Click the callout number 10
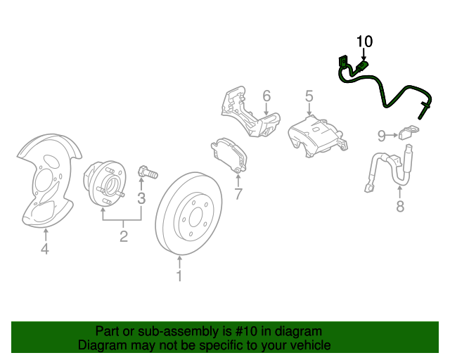pos(364,41)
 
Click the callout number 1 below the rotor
pos(179,276)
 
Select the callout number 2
pos(123,236)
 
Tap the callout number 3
pos(141,198)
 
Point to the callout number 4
pos(44,248)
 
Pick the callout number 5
pos(308,96)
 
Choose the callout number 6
pos(266,96)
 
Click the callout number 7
pos(238,194)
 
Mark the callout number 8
pos(399,206)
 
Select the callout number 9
pos(381,134)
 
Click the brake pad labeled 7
pos(229,155)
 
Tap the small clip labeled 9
pos(407,133)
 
